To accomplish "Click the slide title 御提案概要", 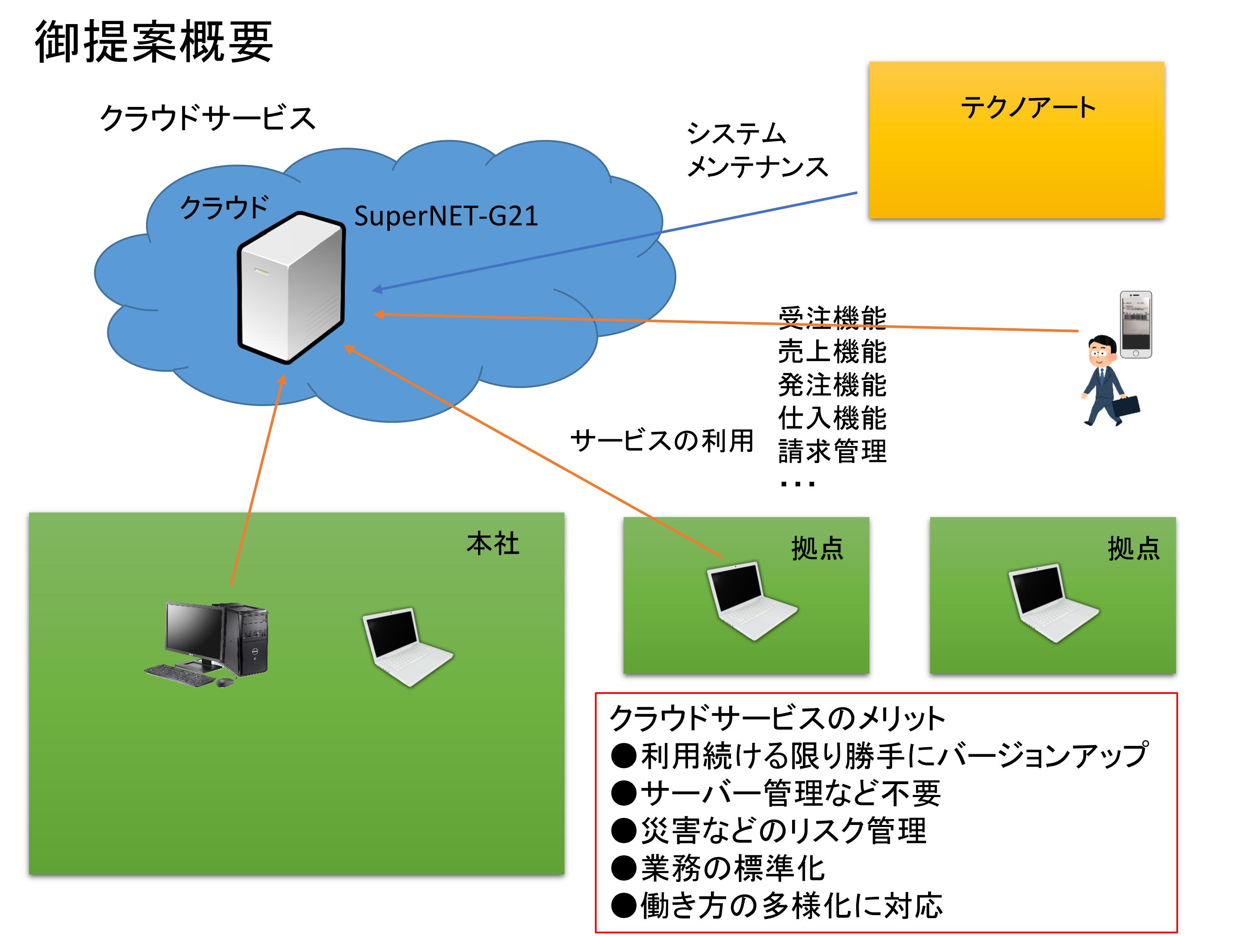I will coord(154,42).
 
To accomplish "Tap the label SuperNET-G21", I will coord(446,216).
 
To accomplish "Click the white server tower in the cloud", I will coord(290,288).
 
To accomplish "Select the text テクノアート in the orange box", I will coord(1028,107).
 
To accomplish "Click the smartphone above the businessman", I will coord(1135,324).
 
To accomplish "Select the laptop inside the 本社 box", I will coord(406,646).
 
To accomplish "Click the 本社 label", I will coord(493,544).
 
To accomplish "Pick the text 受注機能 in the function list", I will coord(832,318).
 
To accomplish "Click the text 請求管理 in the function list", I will coord(832,451).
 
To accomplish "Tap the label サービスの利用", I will coord(661,441).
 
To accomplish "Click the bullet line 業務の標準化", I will coord(732,868).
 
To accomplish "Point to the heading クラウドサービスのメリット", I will coord(777,718).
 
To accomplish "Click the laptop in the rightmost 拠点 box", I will coord(1052,602).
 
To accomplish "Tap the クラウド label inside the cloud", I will coord(224,207).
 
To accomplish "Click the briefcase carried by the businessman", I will coord(1126,406).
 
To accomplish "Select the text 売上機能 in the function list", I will coord(832,352).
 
